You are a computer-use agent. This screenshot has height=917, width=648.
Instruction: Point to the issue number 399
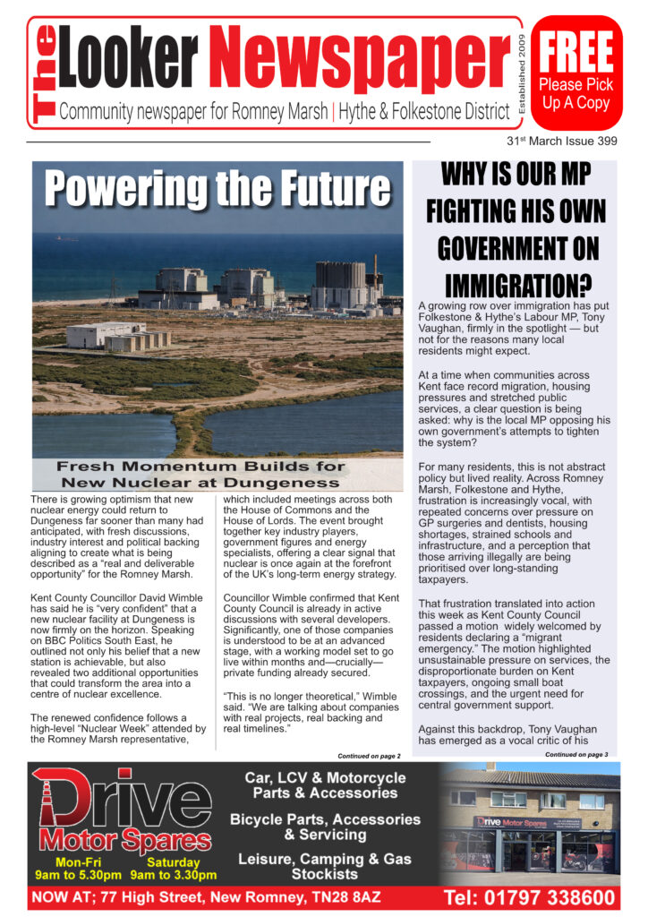point(603,141)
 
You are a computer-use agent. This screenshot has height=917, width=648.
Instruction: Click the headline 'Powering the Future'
point(218,189)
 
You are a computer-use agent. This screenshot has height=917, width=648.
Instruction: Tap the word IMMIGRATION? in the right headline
point(516,283)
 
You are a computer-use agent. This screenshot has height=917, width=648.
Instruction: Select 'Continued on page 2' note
point(369,756)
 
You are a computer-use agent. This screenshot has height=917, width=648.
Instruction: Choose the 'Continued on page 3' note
point(576,755)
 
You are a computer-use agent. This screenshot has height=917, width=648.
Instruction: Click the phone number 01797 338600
point(529,896)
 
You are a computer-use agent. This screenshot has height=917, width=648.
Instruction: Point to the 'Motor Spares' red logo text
point(124,841)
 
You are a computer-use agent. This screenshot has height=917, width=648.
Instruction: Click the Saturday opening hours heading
point(174,862)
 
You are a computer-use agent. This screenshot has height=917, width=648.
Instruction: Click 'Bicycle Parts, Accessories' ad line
point(325,818)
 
